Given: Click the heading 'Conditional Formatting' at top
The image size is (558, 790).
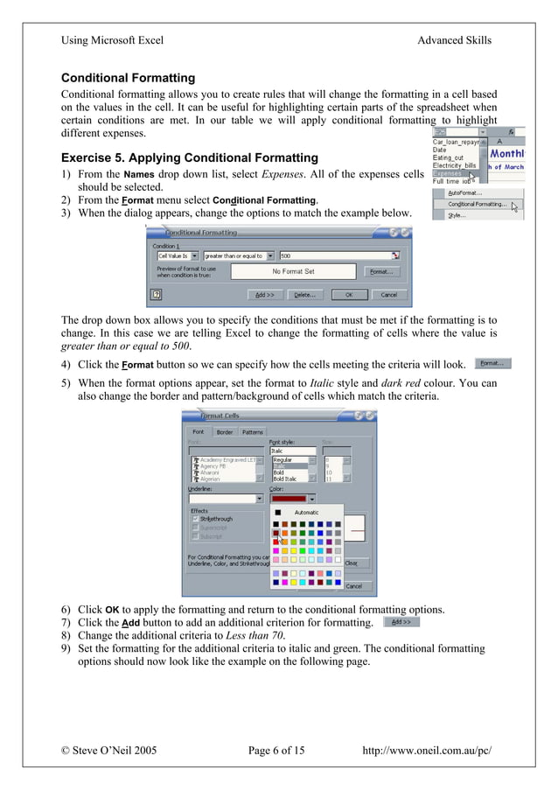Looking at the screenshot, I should tap(128, 79).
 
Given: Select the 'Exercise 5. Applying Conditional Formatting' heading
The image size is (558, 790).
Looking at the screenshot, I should tap(189, 158).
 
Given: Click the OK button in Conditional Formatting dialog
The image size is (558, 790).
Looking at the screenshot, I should tap(349, 295).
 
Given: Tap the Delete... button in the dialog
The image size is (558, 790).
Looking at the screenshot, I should tap(303, 295).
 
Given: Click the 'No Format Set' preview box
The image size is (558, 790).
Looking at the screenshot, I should tap(294, 271).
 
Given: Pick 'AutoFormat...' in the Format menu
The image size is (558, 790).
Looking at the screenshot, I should tap(466, 192).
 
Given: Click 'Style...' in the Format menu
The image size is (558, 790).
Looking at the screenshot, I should tap(457, 215).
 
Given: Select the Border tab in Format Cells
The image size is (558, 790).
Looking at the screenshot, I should tap(225, 432).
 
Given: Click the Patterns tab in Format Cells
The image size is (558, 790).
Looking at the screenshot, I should tap(253, 432).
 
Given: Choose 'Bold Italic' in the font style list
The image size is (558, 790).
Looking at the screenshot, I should tap(285, 479).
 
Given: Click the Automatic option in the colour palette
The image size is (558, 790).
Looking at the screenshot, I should tap(306, 513).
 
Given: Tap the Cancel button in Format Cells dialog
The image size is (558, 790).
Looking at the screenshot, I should tap(353, 586).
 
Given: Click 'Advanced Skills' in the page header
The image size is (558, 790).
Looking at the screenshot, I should tap(454, 40).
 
